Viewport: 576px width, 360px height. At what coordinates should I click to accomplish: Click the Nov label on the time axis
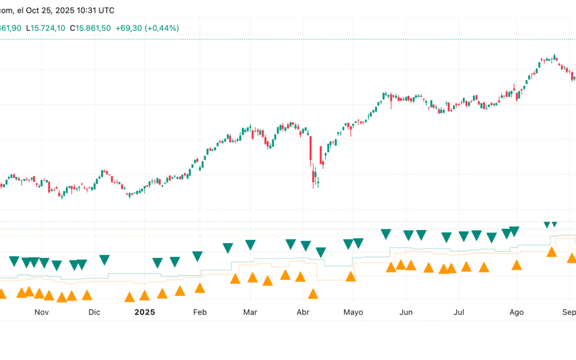42,312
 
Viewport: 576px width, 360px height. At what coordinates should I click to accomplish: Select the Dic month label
94,312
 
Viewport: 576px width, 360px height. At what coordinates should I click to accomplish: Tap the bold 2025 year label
145,312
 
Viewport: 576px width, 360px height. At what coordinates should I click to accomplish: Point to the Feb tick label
199,312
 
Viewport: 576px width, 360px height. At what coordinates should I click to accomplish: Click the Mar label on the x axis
250,312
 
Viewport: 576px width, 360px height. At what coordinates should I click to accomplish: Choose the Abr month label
303,312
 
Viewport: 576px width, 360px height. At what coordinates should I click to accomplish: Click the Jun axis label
406,312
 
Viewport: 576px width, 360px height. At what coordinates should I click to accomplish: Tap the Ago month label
516,312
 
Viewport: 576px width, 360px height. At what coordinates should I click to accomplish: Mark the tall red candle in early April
310,151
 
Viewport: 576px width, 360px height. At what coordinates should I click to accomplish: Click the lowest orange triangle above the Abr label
313,294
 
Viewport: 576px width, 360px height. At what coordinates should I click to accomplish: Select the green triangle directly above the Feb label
197,256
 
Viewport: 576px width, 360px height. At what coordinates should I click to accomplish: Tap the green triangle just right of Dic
104,260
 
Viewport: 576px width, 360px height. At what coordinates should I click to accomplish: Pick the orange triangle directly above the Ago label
516,265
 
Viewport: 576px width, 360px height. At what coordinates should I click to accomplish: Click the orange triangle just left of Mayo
350,276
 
